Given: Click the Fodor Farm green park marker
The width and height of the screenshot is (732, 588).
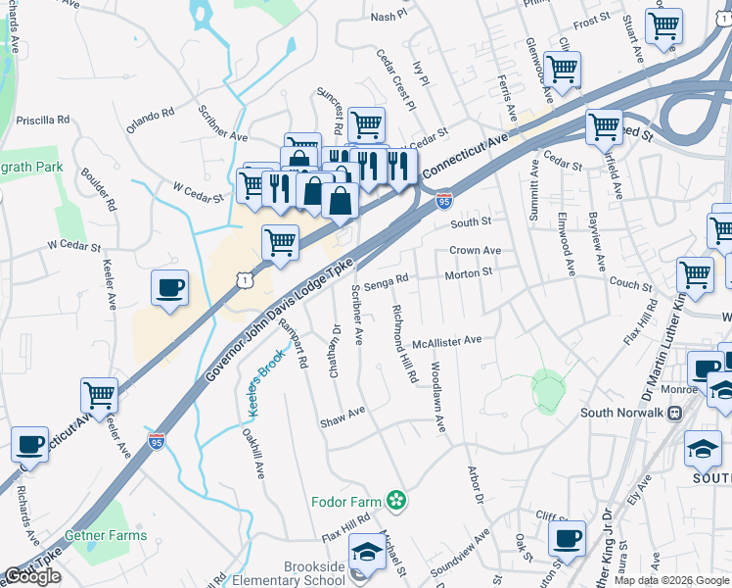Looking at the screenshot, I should (395, 501).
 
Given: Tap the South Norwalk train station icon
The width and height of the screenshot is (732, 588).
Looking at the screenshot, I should (674, 413).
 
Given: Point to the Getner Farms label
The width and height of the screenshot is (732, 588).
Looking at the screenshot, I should (106, 535).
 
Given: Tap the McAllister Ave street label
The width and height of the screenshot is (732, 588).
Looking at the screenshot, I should (447, 340).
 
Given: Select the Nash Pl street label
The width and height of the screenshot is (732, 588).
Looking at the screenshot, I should (388, 18).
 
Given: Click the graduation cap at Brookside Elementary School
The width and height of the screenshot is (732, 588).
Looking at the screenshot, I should (367, 553).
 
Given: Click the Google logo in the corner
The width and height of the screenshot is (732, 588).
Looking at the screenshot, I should (32, 576).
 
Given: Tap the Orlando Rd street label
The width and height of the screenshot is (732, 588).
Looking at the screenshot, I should (149, 120).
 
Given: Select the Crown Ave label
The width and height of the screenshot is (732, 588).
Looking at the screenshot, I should (475, 250).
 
